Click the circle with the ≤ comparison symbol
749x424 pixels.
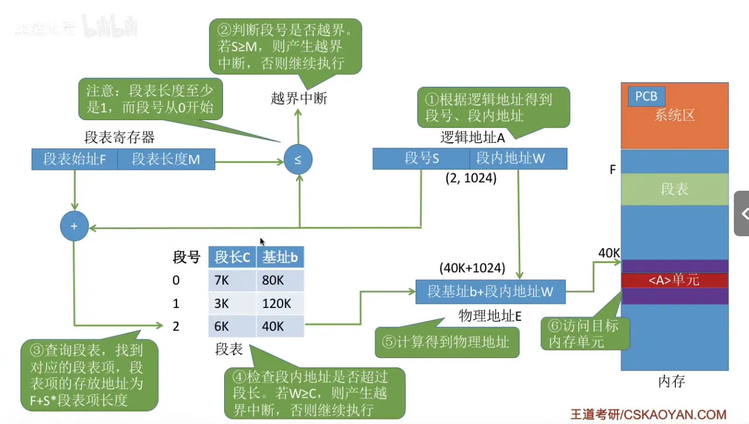[x=298, y=159]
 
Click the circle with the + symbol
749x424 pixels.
[x=74, y=226]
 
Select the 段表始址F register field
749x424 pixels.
[x=74, y=159]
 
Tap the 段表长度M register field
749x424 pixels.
[x=166, y=159]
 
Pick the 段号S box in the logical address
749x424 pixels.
[x=421, y=159]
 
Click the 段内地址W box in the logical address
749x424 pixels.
[x=518, y=159]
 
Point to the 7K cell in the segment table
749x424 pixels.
[x=232, y=281]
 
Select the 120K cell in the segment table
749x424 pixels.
[x=280, y=303]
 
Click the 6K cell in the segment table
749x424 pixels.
[x=232, y=326]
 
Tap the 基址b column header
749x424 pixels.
[x=280, y=257]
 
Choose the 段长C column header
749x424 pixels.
[x=232, y=257]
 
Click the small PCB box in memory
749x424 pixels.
[x=646, y=96]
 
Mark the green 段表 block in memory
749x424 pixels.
[x=674, y=190]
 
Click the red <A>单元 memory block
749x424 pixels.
[x=674, y=281]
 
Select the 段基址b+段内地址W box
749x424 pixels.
[x=490, y=291]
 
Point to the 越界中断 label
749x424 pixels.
[x=299, y=98]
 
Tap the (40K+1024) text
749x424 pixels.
[x=472, y=269]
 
